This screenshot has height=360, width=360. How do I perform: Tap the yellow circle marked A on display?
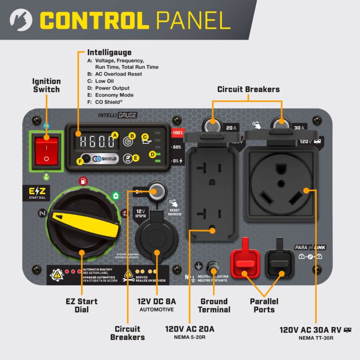pos(114,135)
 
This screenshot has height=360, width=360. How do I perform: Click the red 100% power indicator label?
pos(177,133)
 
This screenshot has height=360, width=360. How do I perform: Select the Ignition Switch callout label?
pos(46,85)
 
